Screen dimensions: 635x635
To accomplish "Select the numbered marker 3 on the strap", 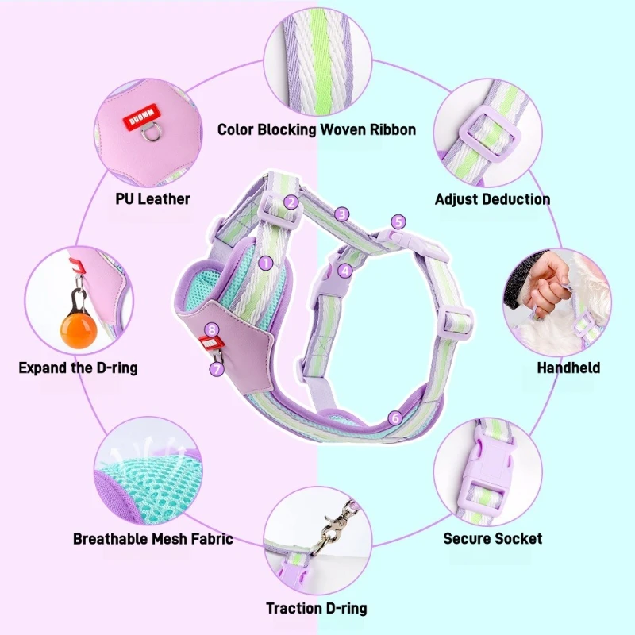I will point(342,214).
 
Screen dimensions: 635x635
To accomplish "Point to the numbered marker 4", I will point(344,270).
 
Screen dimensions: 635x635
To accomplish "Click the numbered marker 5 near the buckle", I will point(398,222).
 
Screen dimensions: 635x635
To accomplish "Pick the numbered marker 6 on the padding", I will point(395,417).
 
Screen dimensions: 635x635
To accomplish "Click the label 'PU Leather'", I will point(153,199).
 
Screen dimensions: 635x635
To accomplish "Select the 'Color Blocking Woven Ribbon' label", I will point(317,129).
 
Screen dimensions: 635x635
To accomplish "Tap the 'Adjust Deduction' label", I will point(492,199).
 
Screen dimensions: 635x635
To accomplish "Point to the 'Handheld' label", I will point(568,368).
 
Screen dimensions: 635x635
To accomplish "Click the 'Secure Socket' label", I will point(492,538).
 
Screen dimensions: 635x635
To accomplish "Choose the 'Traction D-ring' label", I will point(317,609).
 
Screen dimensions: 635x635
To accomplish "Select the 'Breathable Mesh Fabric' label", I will point(153,539).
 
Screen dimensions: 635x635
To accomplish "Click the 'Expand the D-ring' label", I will point(78,368).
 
